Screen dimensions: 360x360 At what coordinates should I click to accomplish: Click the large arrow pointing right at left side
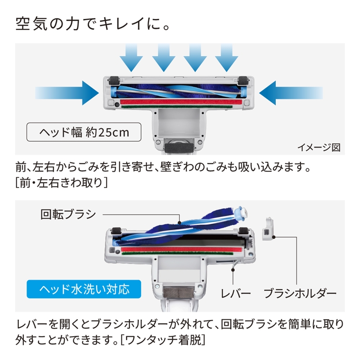click(67, 93)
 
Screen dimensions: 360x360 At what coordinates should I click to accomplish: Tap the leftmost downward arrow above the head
click(132, 58)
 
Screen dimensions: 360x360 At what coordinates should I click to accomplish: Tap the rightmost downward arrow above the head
click(227, 58)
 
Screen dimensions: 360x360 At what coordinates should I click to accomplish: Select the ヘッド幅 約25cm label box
click(83, 133)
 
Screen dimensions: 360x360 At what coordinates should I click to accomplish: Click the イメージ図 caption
click(319, 147)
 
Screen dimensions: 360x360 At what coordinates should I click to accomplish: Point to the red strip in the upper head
click(180, 103)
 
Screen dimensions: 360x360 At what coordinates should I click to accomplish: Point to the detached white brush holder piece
click(267, 228)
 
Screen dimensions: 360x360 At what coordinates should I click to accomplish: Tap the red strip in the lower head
click(180, 248)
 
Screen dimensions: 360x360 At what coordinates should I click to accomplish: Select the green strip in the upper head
click(180, 108)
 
